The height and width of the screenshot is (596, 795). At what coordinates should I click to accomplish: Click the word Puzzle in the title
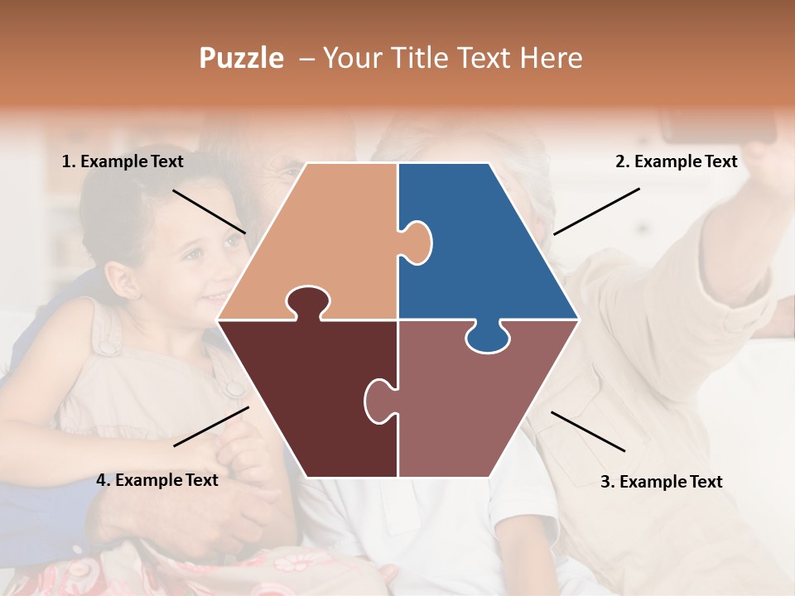point(241,59)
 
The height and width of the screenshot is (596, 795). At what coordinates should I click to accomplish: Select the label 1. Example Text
point(123,161)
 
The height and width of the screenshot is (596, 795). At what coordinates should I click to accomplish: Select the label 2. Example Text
point(676,162)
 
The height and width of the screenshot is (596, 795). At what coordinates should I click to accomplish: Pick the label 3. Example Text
point(661,482)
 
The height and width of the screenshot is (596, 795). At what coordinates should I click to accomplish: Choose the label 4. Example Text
point(157,480)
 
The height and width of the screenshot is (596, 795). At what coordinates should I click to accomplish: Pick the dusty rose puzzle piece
point(472,406)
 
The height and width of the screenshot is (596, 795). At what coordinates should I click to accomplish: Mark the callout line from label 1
point(209,211)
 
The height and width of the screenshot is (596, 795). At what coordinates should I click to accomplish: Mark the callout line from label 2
point(596,211)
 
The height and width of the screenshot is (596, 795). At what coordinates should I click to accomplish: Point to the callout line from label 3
point(588,431)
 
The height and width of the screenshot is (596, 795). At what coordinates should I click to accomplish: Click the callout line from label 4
point(211,426)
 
